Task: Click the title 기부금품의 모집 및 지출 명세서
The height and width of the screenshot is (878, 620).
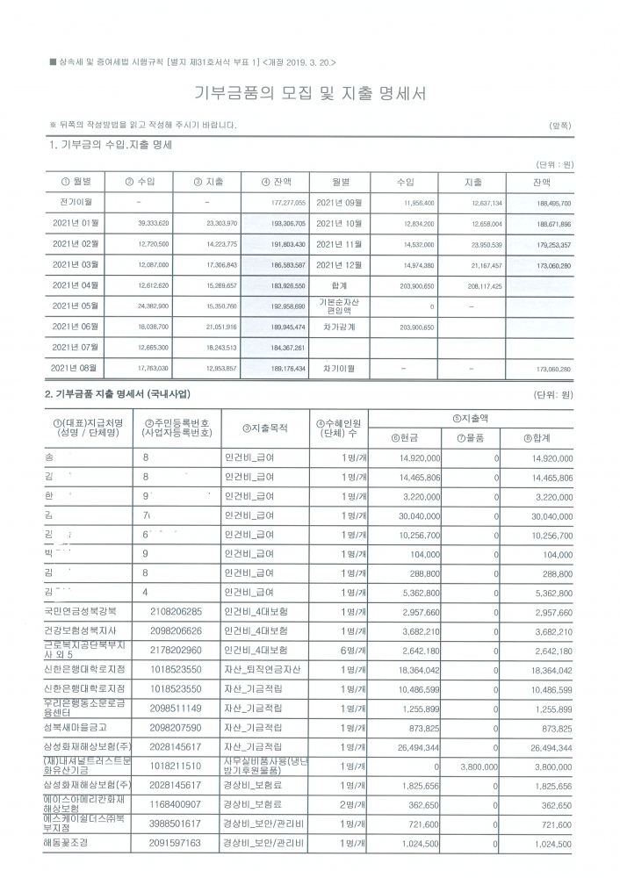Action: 310,95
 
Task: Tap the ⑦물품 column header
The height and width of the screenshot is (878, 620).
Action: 472,437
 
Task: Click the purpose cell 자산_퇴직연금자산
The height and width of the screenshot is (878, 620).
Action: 263,671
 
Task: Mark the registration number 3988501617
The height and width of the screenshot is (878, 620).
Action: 176,823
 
